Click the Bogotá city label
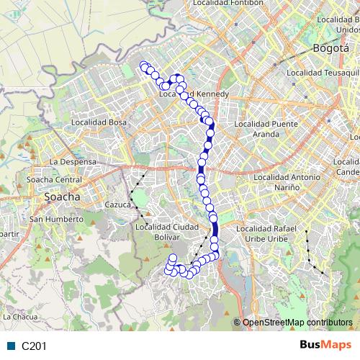330,48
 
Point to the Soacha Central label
54,179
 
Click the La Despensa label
73,162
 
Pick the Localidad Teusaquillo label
323,72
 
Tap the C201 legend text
34,346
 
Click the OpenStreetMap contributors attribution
297,323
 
